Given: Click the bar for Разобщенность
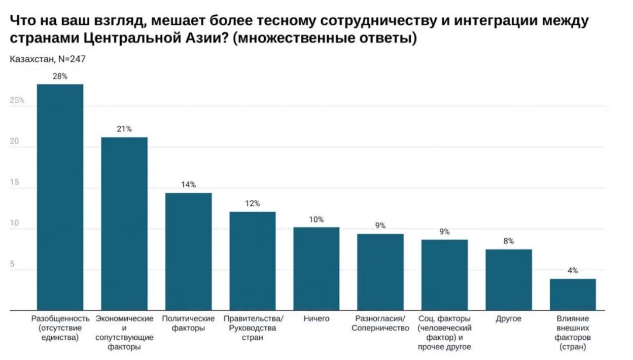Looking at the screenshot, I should point(60,197).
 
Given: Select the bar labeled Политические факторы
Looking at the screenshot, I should point(188,251).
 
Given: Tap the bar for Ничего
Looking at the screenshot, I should point(316,269).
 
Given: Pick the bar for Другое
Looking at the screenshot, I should point(508,280).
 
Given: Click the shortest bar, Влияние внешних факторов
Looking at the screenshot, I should point(573,295).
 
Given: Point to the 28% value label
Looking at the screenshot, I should point(60,76).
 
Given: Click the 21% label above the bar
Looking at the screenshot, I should point(124,129).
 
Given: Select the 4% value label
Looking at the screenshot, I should point(573,271).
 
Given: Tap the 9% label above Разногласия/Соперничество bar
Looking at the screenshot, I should point(380,226).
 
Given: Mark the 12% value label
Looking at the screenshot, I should point(252,203).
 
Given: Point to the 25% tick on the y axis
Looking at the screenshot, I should point(17,100).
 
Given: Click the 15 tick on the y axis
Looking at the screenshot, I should point(14,183).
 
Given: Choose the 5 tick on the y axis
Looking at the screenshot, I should point(12,265).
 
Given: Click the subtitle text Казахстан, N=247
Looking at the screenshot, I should point(47,59).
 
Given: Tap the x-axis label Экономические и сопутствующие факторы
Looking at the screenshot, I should point(124,333).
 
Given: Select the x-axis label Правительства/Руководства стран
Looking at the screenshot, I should point(252,328).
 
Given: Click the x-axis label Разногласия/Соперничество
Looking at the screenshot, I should point(380,323).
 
